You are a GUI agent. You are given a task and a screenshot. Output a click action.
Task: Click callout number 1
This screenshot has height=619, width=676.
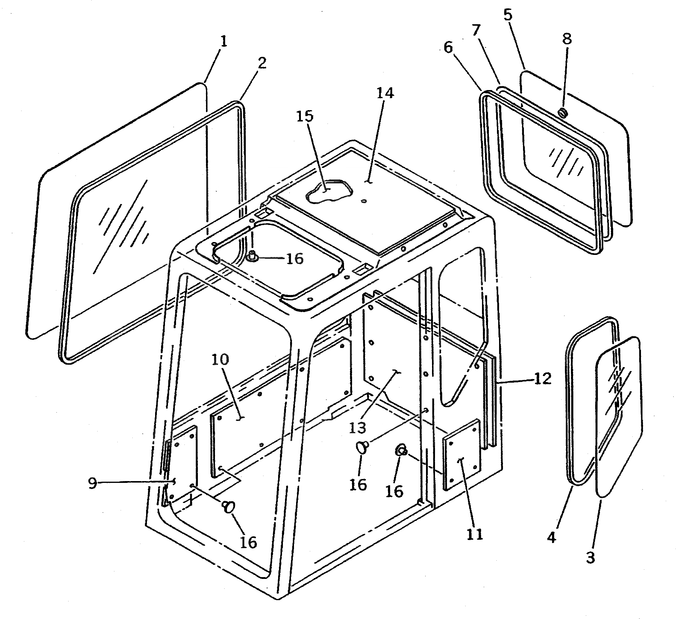(x=224, y=42)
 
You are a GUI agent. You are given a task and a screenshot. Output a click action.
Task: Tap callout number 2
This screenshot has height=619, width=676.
(x=262, y=63)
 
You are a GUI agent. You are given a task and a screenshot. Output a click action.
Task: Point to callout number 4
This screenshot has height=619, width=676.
(x=551, y=538)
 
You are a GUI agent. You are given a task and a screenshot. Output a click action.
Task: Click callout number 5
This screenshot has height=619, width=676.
(x=508, y=15)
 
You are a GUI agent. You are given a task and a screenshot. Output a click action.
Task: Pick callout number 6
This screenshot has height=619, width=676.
(x=448, y=48)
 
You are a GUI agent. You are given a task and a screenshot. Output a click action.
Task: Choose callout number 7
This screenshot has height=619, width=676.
(x=476, y=30)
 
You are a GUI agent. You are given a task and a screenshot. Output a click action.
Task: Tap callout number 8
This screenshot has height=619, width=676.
(x=567, y=39)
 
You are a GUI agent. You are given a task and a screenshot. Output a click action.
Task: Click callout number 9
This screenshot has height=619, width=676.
(x=93, y=483)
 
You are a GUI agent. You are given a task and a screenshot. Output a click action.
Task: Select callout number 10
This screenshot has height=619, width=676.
(x=220, y=360)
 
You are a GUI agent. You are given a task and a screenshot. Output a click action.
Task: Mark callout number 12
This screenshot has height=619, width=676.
(x=543, y=379)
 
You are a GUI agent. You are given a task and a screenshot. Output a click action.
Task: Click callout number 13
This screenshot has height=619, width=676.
(x=357, y=428)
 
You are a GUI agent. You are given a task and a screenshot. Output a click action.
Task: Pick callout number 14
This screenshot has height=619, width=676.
(x=385, y=93)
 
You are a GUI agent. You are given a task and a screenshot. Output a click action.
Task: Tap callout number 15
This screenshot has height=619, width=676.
(x=305, y=116)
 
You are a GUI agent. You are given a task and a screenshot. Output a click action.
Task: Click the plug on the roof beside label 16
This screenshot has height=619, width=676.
(x=251, y=257)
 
